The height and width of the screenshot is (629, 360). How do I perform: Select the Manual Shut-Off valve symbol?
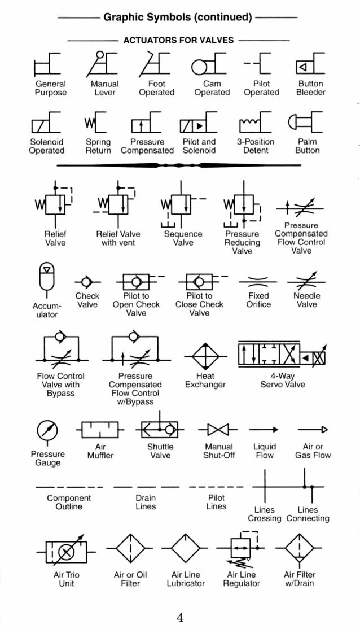218,430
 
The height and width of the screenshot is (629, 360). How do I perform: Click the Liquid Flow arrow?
265,430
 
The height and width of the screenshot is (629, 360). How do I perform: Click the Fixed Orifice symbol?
258,281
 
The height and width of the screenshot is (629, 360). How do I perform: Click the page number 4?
180,617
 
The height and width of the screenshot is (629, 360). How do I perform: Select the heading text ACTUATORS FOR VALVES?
178,41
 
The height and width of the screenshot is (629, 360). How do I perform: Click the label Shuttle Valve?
160,451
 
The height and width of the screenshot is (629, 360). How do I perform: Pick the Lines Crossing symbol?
264,487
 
